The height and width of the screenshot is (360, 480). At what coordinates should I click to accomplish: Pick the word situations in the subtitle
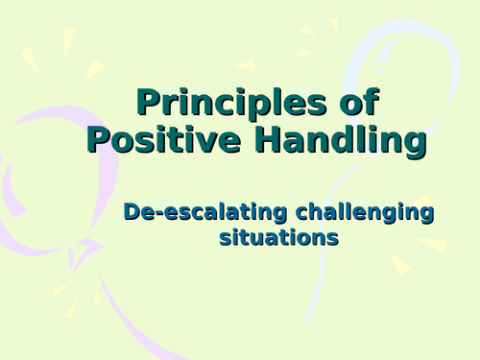tap(278, 235)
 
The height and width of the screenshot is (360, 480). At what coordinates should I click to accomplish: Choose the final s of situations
tap(333, 237)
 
